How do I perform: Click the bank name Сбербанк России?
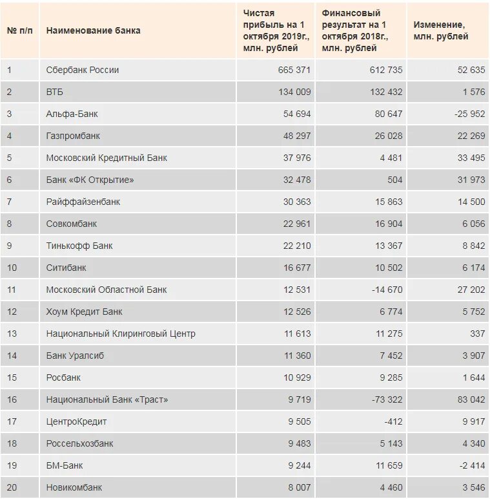click(83, 70)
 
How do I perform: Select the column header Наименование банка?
click(93, 30)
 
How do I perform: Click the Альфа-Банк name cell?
click(72, 114)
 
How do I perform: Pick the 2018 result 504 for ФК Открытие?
click(394, 180)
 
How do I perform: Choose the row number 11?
click(12, 290)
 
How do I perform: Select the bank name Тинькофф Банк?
click(79, 246)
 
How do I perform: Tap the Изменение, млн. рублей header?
click(441, 30)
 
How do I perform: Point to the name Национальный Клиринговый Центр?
click(121, 334)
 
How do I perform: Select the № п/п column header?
click(20, 30)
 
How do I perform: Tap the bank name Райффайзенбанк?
click(83, 202)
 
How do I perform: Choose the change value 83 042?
click(471, 399)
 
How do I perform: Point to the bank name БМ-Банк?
click(65, 465)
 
